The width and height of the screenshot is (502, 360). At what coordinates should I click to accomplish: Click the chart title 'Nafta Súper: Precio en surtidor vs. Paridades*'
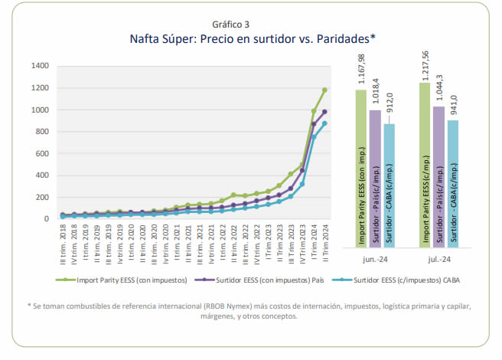(251, 38)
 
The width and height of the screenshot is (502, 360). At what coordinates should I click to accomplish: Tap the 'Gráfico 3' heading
(251, 23)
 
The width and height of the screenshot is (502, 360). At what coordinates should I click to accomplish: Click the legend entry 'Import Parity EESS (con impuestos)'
(142, 280)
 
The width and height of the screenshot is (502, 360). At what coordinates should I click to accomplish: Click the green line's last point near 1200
(324, 90)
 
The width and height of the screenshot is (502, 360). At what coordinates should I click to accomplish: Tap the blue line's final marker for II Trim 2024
(324, 123)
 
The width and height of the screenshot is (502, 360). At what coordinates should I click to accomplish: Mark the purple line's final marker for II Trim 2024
(324, 112)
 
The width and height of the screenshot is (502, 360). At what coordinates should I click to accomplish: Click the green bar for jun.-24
(360, 169)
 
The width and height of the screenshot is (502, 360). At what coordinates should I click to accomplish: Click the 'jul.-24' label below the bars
(438, 258)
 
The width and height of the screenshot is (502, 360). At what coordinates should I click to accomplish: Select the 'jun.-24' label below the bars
(375, 258)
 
